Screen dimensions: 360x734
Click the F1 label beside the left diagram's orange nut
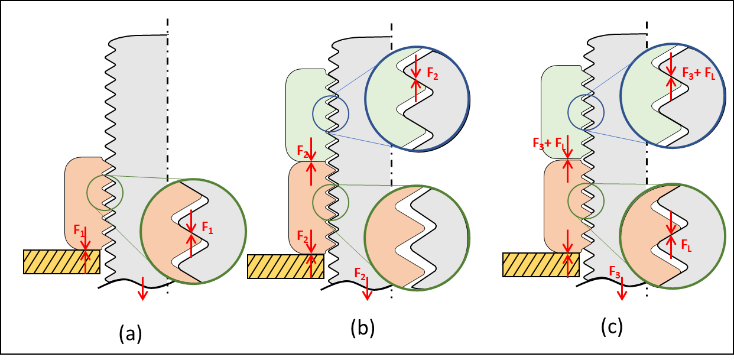(79, 231)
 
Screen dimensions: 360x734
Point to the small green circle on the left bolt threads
(105, 192)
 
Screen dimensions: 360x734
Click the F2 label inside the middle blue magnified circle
(433, 75)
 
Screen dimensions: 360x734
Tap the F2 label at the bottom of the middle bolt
(360, 273)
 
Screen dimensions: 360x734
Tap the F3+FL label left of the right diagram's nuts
(549, 144)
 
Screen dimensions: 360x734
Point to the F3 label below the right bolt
(615, 272)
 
